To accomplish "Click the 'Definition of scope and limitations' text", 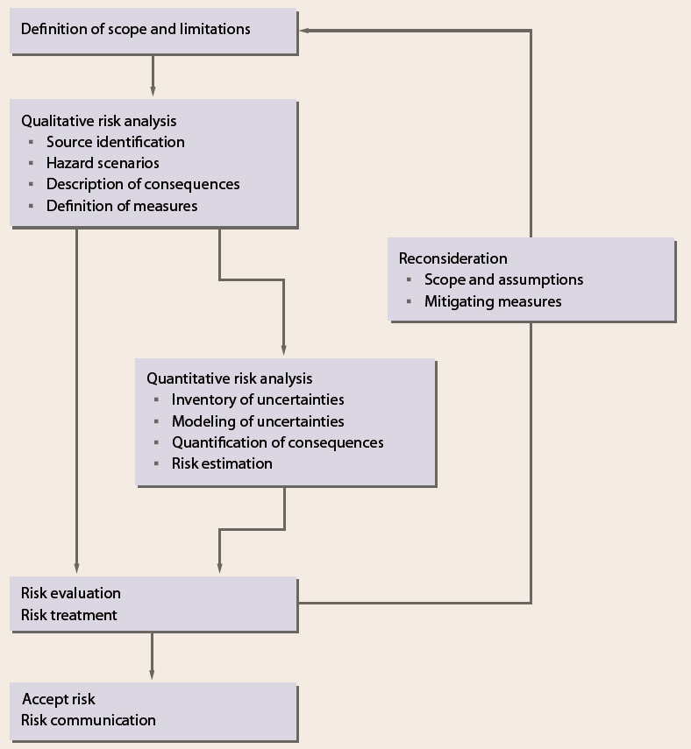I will click(x=136, y=29).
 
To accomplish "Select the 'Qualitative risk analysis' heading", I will click(x=98, y=121).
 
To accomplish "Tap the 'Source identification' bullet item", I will click(x=115, y=142).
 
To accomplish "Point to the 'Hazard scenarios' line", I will click(x=103, y=163).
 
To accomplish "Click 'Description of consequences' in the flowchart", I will click(x=143, y=184).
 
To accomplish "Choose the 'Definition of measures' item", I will click(x=122, y=206).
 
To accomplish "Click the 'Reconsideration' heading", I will click(x=452, y=258).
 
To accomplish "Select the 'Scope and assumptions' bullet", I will click(x=503, y=279).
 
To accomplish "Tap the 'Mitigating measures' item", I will click(x=493, y=301).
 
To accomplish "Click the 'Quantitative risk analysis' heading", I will click(x=229, y=378).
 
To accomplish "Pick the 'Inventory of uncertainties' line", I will click(x=258, y=399).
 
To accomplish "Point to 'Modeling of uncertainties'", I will click(x=258, y=421).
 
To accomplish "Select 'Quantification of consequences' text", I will click(x=277, y=442).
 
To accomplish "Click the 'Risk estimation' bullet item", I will click(x=222, y=463).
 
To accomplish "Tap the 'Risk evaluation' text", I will click(x=71, y=593).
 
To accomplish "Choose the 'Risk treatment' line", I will click(x=69, y=615).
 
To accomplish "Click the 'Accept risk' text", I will click(x=59, y=699).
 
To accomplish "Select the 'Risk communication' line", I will click(x=89, y=720).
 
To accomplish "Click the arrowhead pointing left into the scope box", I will click(x=304, y=31).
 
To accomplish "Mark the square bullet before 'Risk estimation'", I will click(x=156, y=463).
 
